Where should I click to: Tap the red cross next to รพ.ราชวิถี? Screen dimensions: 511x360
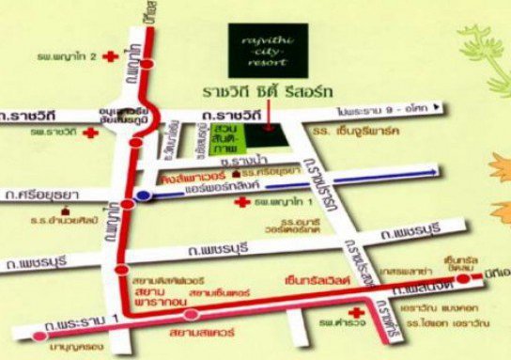90,133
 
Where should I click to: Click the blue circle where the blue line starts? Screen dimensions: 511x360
142,195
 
